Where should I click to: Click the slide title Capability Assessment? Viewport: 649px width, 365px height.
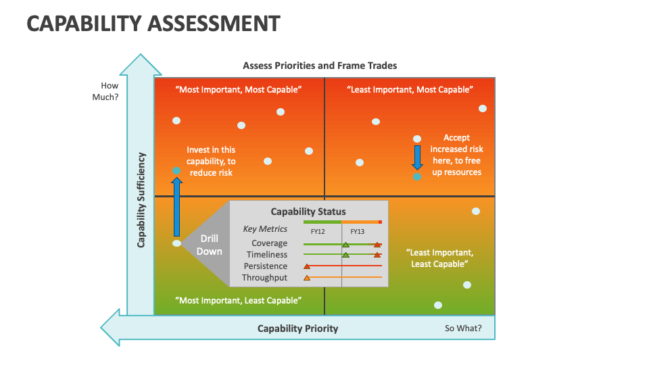pos(153,24)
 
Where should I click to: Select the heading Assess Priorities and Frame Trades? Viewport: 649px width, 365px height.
pos(320,66)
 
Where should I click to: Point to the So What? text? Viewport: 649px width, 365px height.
pos(463,328)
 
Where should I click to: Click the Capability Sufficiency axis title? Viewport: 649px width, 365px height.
pos(141,199)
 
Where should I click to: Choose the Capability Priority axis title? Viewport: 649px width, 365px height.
pos(297,328)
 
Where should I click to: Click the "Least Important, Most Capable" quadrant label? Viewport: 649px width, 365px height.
pos(410,89)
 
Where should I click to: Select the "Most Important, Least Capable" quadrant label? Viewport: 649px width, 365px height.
pos(238,300)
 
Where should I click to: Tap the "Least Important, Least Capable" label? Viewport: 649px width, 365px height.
pos(439,258)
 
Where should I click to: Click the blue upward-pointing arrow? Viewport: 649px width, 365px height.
pos(176,206)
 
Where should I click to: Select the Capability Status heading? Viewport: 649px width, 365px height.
pos(308,212)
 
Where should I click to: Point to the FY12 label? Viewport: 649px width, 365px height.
pos(318,231)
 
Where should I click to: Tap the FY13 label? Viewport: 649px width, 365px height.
pos(358,231)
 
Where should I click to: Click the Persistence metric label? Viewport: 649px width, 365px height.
pos(266,266)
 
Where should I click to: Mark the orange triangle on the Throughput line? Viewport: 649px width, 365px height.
pos(307,278)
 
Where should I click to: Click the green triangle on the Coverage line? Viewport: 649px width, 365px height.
pos(345,244)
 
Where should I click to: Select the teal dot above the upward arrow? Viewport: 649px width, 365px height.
pos(176,171)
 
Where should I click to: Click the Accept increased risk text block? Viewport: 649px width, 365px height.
pos(456,155)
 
